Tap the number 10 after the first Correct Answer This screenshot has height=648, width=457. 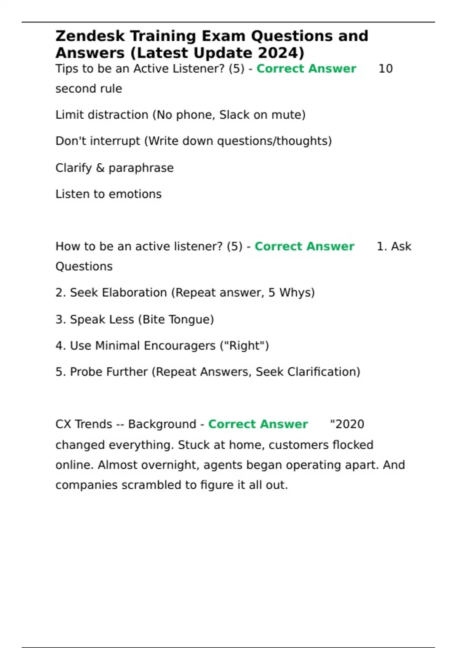point(385,69)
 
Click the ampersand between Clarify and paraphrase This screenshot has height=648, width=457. point(100,168)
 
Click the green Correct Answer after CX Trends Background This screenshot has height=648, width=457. point(258,424)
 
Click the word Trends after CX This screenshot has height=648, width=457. point(93,424)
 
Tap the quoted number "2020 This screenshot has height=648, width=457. point(347,424)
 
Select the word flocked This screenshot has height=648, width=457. point(353,445)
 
